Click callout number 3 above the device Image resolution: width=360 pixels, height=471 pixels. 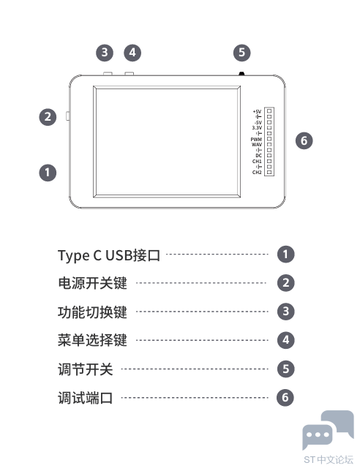click(x=105, y=53)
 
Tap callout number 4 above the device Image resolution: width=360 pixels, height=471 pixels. click(x=132, y=53)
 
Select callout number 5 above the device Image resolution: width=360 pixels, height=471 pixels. click(x=242, y=53)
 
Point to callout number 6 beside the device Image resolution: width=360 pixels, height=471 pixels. click(x=304, y=141)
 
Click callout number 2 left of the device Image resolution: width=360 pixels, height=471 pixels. click(x=48, y=117)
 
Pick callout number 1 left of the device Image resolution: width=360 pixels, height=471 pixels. click(x=48, y=173)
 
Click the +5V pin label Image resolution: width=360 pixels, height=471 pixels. click(x=258, y=111)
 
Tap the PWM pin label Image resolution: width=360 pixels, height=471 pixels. click(x=256, y=140)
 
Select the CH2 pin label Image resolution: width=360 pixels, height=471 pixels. click(x=257, y=173)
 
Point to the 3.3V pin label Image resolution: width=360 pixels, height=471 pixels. click(x=257, y=128)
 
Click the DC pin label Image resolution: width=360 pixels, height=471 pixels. click(x=259, y=156)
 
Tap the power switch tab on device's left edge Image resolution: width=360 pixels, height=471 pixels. click(x=67, y=116)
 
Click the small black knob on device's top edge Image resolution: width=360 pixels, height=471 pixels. click(x=241, y=73)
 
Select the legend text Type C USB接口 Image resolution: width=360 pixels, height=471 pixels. click(x=109, y=255)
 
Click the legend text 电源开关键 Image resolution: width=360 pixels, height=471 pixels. click(x=92, y=283)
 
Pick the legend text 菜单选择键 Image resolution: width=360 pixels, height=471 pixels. click(x=92, y=340)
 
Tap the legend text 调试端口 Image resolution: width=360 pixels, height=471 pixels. click(x=86, y=398)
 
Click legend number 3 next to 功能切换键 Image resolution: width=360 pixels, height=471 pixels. click(x=286, y=312)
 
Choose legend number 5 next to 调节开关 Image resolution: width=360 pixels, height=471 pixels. click(x=286, y=369)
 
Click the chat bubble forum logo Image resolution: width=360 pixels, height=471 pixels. click(x=328, y=429)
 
